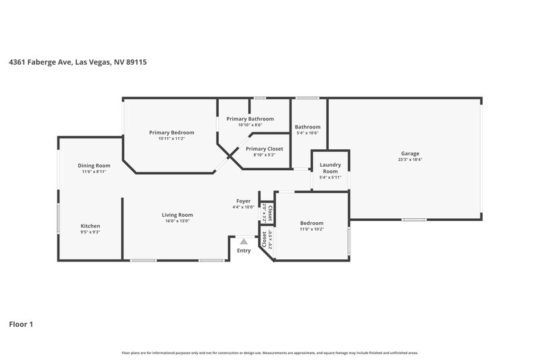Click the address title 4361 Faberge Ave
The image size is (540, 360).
coord(78,62)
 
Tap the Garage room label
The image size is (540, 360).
coord(410,153)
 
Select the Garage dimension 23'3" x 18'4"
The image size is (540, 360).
coord(410,159)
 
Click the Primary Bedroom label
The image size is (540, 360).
coord(171,132)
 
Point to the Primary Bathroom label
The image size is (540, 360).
coord(250,119)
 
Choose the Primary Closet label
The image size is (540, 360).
coord(264,149)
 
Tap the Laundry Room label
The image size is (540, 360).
coord(329,168)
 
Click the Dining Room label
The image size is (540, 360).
coord(94,165)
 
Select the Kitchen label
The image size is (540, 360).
coord(90,226)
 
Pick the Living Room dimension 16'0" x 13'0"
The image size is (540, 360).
coord(178,221)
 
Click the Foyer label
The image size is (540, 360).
coord(243,201)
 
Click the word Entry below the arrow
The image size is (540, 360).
coord(244,251)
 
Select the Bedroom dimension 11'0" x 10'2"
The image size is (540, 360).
coord(311,230)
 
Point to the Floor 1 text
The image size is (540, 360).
coord(21,324)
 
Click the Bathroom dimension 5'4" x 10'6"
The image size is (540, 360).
coord(307,133)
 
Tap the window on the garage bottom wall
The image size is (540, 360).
coord(413,220)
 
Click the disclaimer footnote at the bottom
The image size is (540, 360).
coord(269,353)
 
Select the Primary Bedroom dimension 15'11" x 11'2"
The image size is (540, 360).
coord(171,138)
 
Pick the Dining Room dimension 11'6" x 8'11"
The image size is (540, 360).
coord(94,172)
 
